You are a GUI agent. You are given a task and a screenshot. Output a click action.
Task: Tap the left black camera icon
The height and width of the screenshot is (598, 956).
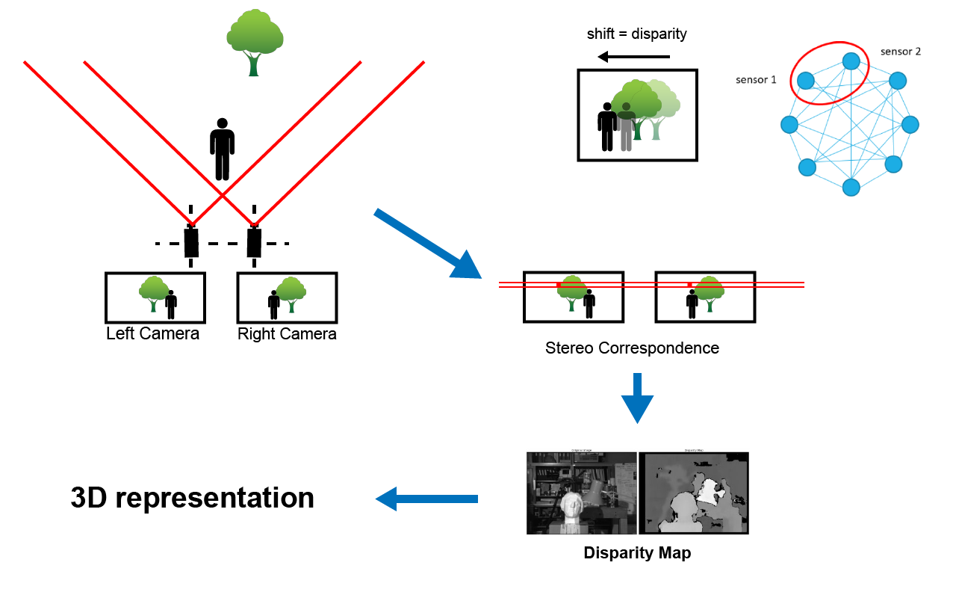(191, 241)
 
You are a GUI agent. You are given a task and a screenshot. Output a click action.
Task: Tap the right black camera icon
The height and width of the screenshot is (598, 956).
(255, 241)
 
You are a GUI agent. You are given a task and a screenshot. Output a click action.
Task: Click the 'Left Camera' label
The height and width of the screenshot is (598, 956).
(152, 333)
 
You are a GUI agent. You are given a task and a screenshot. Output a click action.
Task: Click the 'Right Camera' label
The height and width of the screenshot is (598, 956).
(287, 333)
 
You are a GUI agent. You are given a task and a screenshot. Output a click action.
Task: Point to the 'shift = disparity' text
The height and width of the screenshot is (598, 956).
(636, 34)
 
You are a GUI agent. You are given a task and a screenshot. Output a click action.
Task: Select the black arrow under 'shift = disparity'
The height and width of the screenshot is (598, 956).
(633, 57)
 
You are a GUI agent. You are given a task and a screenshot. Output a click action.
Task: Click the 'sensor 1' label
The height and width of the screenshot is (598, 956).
(756, 79)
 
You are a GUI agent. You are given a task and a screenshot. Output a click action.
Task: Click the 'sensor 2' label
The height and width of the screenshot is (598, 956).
(901, 52)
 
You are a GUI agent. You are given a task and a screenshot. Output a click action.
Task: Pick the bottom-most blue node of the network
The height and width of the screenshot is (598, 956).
(851, 187)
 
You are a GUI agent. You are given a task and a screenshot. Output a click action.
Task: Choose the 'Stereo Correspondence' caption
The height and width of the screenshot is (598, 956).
(632, 348)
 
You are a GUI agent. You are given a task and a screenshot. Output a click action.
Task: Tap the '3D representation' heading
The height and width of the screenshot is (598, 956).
(192, 498)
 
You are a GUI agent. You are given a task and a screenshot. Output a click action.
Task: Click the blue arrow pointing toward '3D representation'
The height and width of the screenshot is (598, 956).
(426, 499)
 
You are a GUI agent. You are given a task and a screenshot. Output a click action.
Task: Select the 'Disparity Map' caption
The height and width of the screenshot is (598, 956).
(636, 554)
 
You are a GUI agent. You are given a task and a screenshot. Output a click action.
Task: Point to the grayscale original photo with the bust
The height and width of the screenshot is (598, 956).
(581, 493)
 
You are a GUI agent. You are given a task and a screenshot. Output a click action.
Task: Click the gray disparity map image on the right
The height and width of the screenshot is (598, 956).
(693, 493)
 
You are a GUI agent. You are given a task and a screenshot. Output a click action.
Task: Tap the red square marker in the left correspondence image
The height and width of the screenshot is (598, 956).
(558, 285)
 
